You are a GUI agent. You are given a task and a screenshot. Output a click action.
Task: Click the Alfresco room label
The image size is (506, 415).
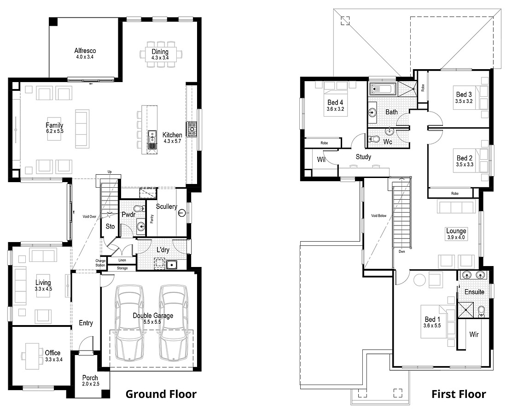point(85,51)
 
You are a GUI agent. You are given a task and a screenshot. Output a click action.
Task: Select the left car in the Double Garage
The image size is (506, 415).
point(130,322)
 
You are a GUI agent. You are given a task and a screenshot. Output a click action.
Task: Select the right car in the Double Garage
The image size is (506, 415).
point(173,322)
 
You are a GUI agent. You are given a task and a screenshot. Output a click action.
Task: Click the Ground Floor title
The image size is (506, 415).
point(161,394)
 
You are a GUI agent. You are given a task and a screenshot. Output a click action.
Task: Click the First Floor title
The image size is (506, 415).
point(458,394)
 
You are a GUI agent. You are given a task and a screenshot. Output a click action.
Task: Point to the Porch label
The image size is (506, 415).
point(90,378)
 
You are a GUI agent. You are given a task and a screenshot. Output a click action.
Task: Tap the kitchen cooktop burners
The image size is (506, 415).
point(192,129)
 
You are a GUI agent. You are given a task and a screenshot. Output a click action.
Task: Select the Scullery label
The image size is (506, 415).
point(166,207)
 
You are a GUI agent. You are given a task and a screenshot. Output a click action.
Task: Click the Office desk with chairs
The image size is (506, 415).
point(32,356)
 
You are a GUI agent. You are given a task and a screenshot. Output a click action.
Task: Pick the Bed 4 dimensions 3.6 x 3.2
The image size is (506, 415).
point(335,109)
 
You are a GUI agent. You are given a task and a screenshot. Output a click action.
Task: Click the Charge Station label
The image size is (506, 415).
point(100,263)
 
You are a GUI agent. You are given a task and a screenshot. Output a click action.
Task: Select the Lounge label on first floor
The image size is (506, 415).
point(456,231)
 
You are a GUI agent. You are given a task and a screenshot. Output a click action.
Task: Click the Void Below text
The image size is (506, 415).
point(379,215)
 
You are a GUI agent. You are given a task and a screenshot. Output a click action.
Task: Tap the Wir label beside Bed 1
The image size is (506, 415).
point(474,334)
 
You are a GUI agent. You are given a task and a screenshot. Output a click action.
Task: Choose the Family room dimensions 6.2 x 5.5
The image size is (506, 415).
point(54,131)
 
